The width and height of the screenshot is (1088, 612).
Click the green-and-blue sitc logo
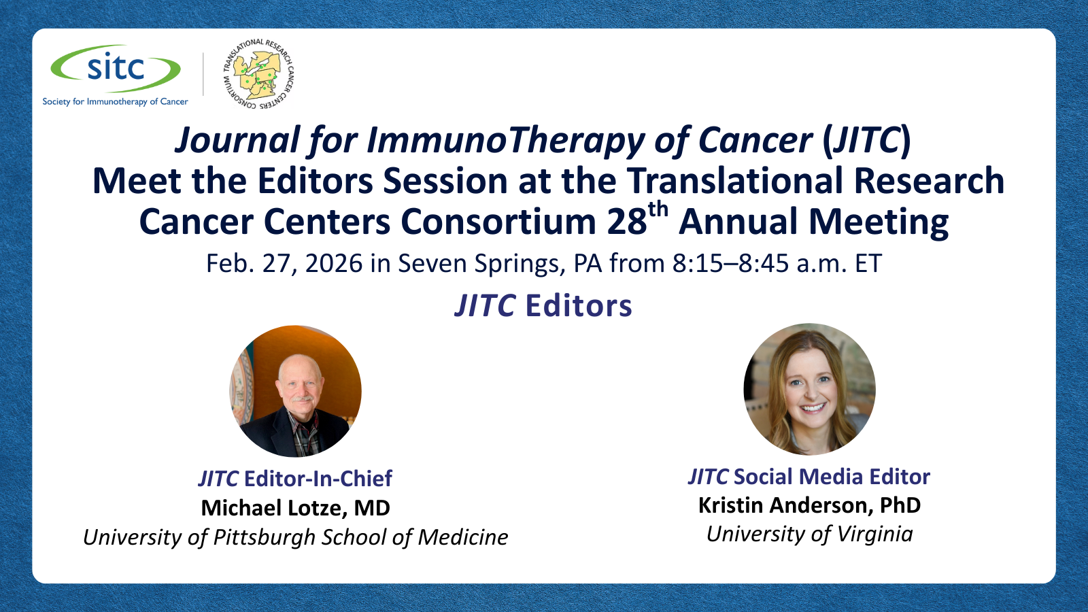coord(116,69)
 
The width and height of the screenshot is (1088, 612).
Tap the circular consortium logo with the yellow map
coord(258,73)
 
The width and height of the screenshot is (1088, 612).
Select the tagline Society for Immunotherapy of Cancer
coord(115,101)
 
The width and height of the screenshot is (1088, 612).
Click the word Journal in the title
coord(237,140)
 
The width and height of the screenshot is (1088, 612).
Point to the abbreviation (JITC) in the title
coord(866,141)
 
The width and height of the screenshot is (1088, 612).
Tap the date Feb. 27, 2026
coord(284,264)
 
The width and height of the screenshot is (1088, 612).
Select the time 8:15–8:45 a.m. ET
coord(777,263)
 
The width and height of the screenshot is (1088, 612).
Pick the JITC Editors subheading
coord(543,305)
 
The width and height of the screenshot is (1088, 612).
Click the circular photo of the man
coord(295,391)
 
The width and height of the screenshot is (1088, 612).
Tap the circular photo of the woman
coord(810,389)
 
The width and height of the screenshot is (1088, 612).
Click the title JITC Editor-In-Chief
coord(295,479)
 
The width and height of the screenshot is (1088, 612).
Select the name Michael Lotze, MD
coord(295,508)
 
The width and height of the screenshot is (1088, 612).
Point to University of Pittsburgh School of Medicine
coord(295,538)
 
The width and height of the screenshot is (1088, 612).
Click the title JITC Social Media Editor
coord(809,477)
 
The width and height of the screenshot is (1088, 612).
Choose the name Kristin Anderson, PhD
coord(809,506)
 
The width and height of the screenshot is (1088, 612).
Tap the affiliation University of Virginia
coord(809,534)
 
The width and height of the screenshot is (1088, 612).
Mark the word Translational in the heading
coord(734,181)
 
